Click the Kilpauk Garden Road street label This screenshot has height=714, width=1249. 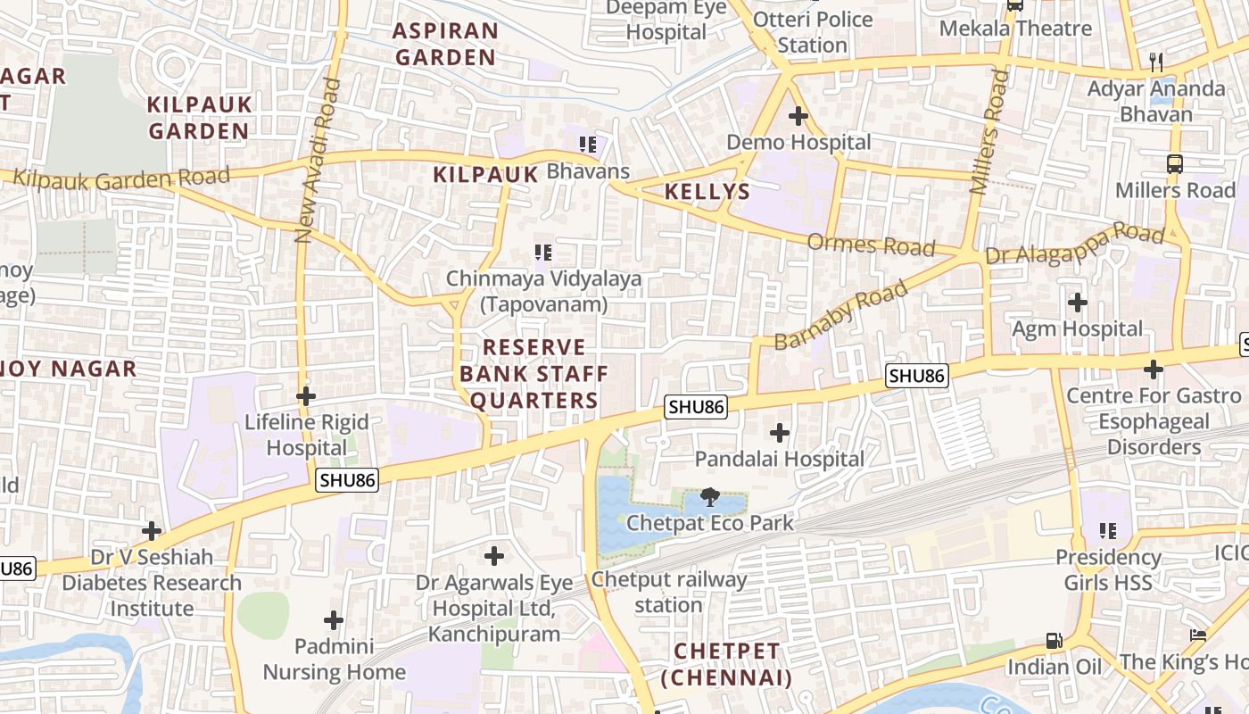pos(121,178)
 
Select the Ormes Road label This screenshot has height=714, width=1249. pos(871,245)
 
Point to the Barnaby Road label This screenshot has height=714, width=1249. pos(840,315)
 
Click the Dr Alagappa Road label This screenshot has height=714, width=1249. pos(1075,245)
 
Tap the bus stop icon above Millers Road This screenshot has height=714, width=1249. pos(1175,164)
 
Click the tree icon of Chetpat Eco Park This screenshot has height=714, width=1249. pos(710,497)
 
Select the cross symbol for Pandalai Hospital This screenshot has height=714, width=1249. pos(780,434)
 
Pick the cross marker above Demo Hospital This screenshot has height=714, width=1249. pos(798,116)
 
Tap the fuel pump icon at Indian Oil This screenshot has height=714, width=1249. pos(1054,641)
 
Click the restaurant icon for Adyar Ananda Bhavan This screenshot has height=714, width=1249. pos(1157,62)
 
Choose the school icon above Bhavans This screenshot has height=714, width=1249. pos(587,144)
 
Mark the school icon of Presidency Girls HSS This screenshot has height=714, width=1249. pos(1108,531)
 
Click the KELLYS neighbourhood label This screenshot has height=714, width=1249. pos(707,192)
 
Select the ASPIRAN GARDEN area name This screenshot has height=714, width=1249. pos(445,44)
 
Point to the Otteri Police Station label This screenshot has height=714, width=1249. pos(813,32)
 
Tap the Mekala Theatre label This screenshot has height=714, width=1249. pos(1015,29)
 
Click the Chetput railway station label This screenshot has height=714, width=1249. pos(669,592)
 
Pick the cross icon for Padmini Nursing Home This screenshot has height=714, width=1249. pos(334,619)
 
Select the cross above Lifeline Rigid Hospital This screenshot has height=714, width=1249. pos(306,395)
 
